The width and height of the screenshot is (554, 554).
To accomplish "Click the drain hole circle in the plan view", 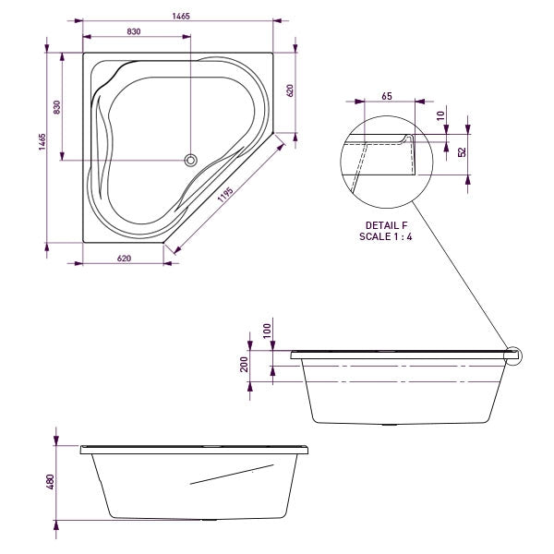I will click(191, 160).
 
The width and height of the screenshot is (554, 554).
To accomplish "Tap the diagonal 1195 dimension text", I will click(225, 196).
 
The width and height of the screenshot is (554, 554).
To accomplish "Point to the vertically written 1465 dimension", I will click(42, 146).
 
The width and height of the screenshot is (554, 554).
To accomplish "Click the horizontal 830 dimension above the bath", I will click(134, 31).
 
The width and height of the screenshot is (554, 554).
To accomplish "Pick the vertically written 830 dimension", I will click(57, 107).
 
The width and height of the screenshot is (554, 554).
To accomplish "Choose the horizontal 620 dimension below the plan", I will click(125, 259).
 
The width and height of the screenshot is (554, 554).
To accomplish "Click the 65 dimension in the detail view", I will click(386, 96).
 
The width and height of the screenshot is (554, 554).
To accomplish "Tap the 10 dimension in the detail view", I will click(441, 115).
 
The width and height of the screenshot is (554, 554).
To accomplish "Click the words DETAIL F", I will click(385, 225).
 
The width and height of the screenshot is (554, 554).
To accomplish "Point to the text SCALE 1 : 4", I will click(385, 237).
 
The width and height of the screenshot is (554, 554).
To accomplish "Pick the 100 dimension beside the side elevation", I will click(267, 331).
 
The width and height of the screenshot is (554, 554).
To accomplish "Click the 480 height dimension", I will click(52, 482).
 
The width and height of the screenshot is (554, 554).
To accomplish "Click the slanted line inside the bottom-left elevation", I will click(231, 476).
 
